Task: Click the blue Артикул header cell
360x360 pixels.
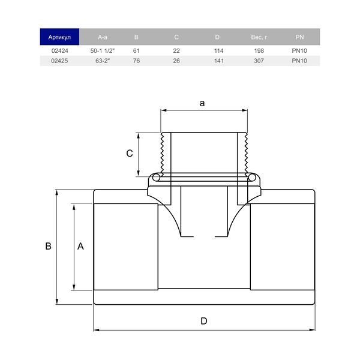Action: [59, 37]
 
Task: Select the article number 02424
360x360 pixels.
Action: [59, 51]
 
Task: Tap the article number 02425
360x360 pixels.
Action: [59, 61]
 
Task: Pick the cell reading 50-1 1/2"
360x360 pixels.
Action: [103, 51]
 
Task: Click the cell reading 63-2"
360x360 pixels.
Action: [103, 61]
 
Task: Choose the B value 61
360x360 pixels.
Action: [136, 51]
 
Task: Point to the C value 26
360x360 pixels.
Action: [176, 61]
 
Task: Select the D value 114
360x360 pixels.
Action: [218, 51]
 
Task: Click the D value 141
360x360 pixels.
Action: [219, 61]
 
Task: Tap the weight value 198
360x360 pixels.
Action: [259, 51]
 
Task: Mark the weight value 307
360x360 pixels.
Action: [259, 61]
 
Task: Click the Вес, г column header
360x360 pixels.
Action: [259, 37]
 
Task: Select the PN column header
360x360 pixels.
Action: [299, 37]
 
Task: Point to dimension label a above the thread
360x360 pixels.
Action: [202, 103]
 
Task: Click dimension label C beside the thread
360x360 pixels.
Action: [130, 154]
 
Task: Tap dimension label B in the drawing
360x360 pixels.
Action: [48, 246]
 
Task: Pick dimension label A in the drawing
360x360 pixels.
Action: [80, 246]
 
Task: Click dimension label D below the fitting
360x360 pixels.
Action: [204, 321]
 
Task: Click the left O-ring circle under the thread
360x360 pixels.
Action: [156, 178]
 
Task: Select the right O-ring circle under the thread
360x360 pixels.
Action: [252, 178]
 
